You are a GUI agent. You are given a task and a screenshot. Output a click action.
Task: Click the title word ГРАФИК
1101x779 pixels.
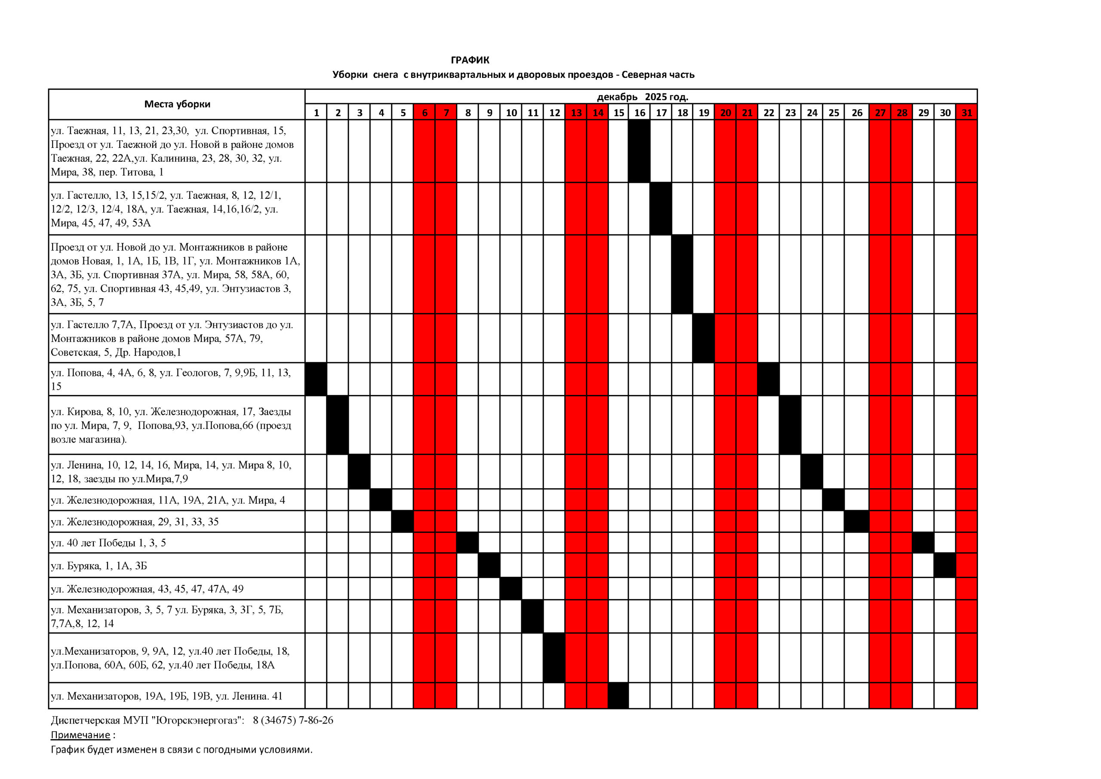click(x=470, y=61)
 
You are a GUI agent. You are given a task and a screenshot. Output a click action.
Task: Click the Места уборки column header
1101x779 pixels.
click(x=177, y=104)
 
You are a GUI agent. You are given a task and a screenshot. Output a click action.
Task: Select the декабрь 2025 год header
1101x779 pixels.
click(x=642, y=97)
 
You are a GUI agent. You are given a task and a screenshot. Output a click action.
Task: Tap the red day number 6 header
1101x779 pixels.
click(x=424, y=113)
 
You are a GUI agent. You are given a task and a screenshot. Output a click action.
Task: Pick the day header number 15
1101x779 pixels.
click(x=618, y=113)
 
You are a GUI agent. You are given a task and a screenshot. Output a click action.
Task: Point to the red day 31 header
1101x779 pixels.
click(x=966, y=113)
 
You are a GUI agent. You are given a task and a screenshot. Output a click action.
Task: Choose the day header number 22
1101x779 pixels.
click(x=768, y=113)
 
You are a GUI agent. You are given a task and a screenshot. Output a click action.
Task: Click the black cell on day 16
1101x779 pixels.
click(x=639, y=151)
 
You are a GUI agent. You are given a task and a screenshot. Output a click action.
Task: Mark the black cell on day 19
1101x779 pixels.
click(x=704, y=338)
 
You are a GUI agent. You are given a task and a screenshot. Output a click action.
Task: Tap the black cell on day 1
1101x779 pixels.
click(x=316, y=379)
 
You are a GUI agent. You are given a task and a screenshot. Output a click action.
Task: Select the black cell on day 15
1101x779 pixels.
click(x=618, y=696)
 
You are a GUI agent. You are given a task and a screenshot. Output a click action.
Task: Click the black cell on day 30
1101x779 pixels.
click(x=945, y=566)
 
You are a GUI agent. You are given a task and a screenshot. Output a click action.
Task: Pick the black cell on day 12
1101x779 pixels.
click(x=554, y=658)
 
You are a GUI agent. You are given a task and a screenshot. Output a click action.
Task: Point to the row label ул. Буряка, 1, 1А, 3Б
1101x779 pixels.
click(x=99, y=566)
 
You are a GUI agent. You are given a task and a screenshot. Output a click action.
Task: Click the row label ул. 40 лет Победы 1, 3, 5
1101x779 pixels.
click(x=108, y=543)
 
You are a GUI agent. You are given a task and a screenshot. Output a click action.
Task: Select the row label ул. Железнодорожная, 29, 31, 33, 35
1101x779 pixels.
click(x=135, y=522)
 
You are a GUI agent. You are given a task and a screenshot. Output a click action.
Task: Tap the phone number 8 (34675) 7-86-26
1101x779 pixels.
click(x=292, y=720)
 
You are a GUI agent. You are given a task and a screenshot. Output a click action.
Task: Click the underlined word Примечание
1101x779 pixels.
click(x=80, y=735)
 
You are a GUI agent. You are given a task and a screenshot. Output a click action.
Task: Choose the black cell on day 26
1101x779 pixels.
click(x=856, y=521)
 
